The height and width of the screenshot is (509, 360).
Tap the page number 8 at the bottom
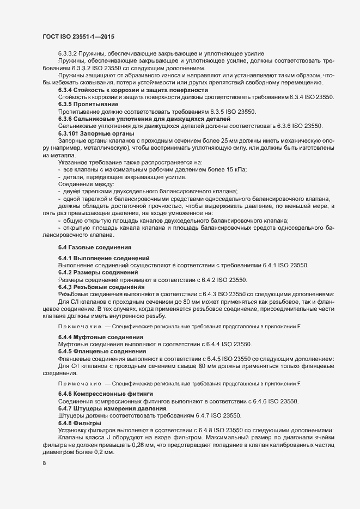click(x=44, y=463)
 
